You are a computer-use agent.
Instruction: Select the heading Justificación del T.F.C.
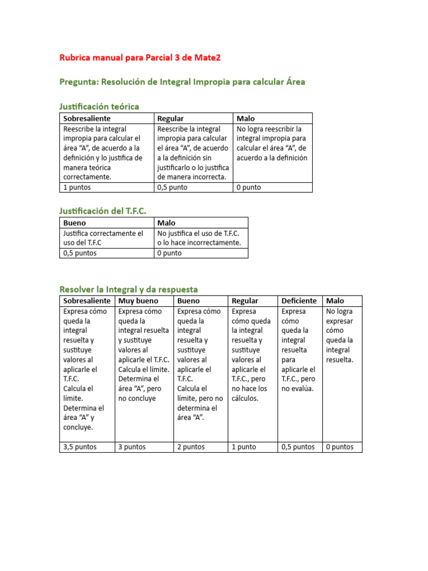[103, 211]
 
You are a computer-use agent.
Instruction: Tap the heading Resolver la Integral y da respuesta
[128, 289]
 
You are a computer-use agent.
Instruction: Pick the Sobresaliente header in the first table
[87, 118]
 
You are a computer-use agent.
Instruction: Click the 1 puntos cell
[77, 187]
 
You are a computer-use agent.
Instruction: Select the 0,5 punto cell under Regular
[172, 187]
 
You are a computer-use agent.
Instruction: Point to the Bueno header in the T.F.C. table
[75, 223]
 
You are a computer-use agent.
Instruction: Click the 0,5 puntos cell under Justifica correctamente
[80, 253]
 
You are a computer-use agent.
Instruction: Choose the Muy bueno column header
[138, 301]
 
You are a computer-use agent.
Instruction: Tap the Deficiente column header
[299, 301]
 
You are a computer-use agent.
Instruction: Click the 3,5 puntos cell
[80, 447]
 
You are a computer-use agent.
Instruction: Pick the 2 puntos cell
[191, 447]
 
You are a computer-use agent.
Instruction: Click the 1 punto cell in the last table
[244, 447]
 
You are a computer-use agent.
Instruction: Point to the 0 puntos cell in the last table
[340, 447]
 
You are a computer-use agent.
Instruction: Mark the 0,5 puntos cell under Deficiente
[298, 447]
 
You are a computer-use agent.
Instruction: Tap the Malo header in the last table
[335, 301]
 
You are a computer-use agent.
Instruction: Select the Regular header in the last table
[245, 301]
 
